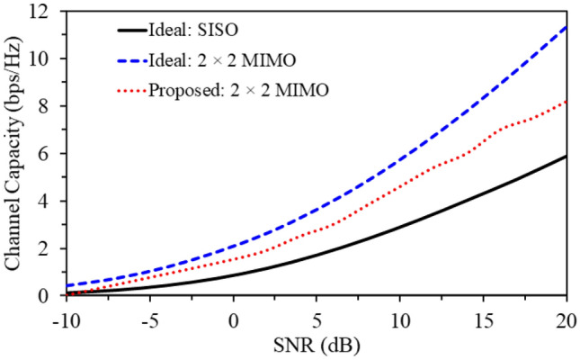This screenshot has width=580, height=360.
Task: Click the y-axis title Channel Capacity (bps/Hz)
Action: click(x=15, y=153)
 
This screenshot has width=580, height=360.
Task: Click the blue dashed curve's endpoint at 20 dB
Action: click(x=566, y=27)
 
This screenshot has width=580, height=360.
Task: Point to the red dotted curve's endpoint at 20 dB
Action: click(x=566, y=102)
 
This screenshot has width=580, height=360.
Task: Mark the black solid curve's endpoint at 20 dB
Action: click(x=566, y=156)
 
